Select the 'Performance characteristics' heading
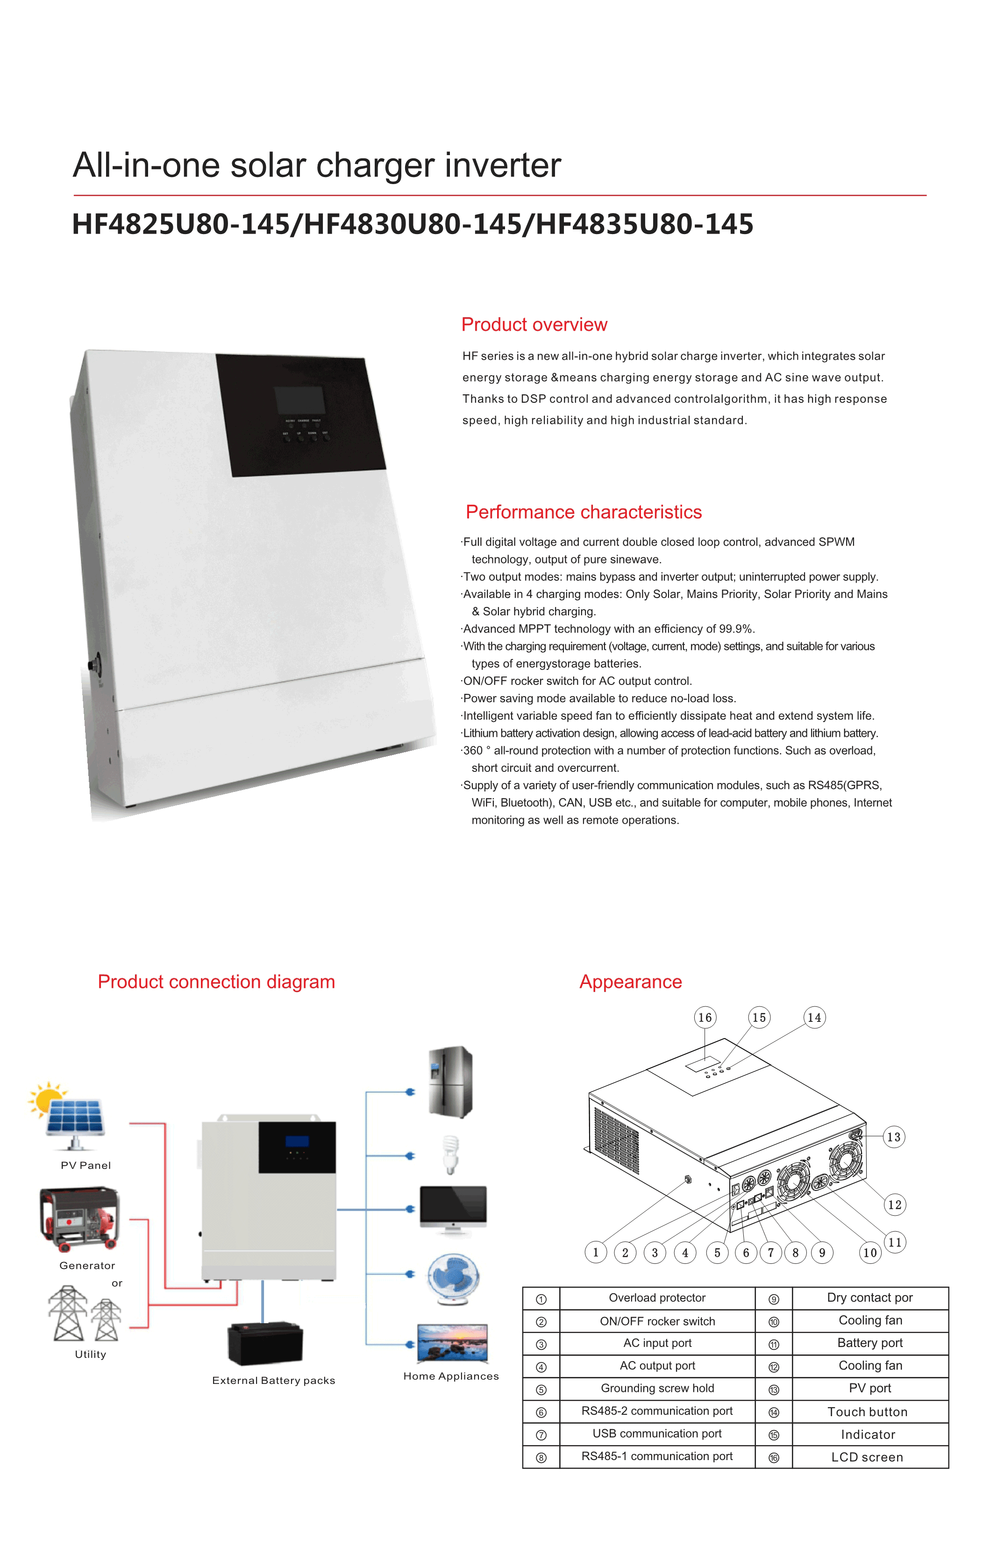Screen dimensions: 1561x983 (x=583, y=512)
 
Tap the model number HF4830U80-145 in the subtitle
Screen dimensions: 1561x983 (x=413, y=224)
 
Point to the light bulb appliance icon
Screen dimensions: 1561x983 (x=449, y=1154)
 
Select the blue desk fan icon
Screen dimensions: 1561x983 (x=453, y=1278)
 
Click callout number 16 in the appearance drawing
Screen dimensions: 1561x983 (x=705, y=1017)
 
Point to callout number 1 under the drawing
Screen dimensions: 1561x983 (x=595, y=1253)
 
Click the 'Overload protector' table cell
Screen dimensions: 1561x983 (x=657, y=1298)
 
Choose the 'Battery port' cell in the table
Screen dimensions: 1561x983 (x=869, y=1342)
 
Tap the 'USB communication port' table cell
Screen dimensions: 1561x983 (x=657, y=1433)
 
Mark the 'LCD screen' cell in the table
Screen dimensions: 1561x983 (x=867, y=1457)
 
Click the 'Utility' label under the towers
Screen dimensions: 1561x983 (x=90, y=1354)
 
